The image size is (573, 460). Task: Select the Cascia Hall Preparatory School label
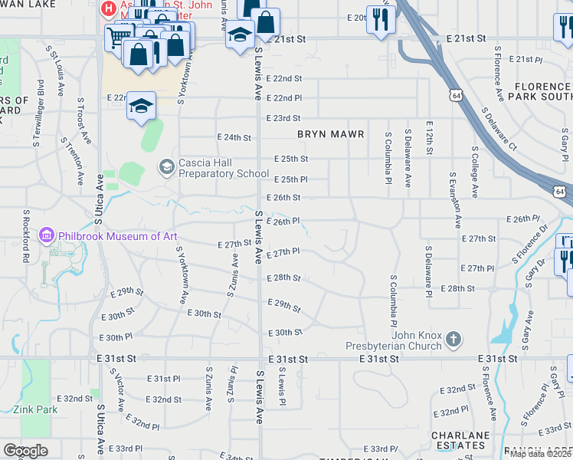click(x=224, y=168)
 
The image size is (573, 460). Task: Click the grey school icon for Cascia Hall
click(x=165, y=166)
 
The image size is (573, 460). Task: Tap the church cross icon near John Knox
click(x=453, y=339)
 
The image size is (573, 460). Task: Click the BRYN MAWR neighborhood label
click(x=329, y=134)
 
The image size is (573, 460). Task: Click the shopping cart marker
click(x=118, y=35)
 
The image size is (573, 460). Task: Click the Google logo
click(x=25, y=451)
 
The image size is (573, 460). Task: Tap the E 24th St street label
click(x=234, y=138)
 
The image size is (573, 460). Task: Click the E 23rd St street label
click(x=283, y=118)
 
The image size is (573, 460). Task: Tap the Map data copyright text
click(x=541, y=454)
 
